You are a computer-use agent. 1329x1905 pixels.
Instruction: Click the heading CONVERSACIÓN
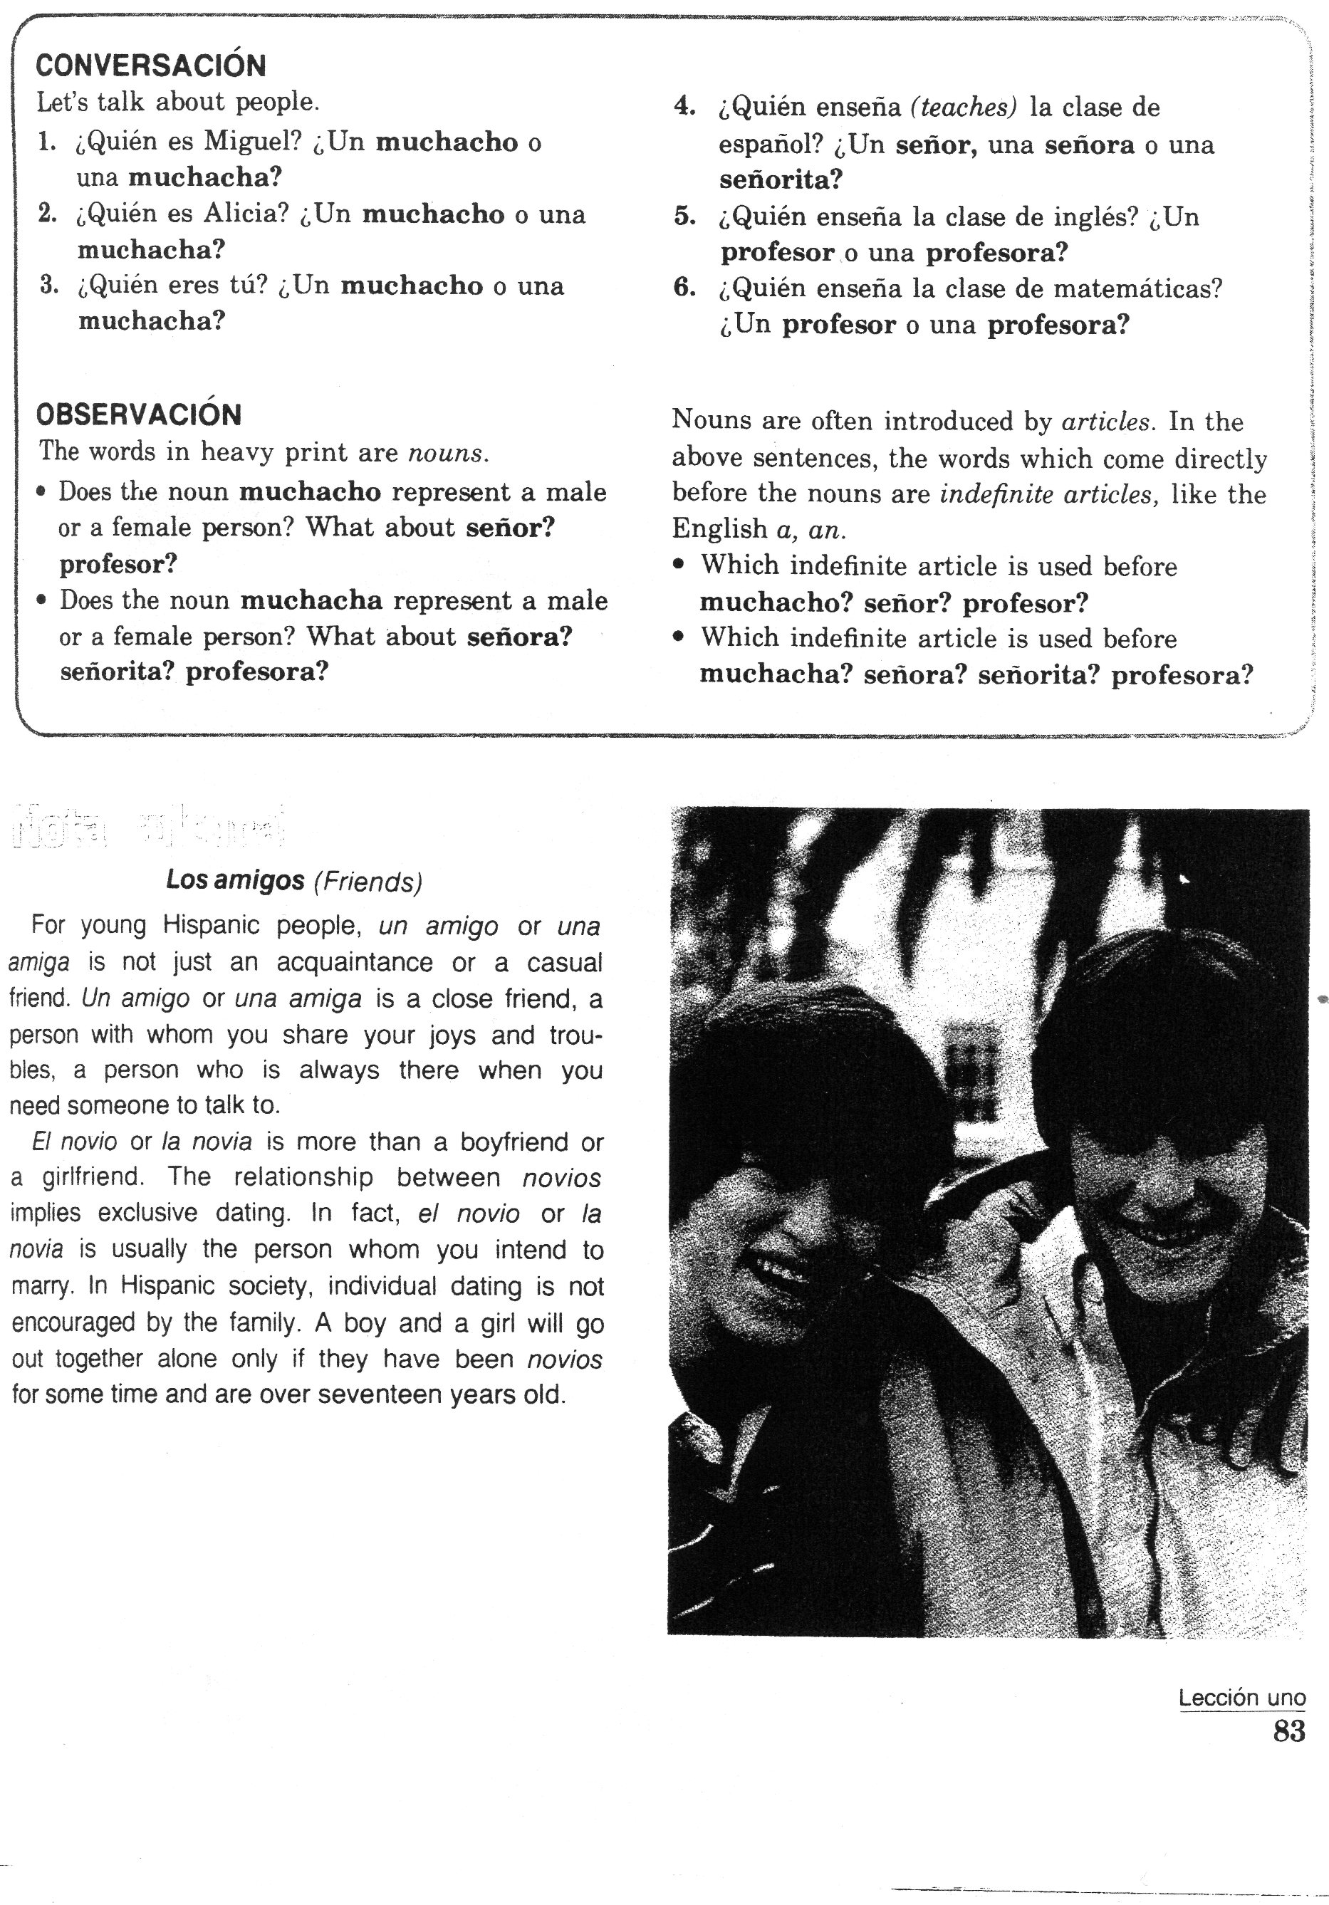coord(150,66)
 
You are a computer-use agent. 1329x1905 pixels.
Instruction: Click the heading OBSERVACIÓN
coord(139,414)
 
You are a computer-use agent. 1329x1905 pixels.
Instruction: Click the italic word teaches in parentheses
coord(963,107)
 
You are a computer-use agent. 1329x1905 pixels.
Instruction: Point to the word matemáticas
coord(1137,288)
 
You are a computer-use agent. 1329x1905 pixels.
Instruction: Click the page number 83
coord(1289,1732)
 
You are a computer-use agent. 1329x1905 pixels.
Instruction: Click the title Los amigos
coord(236,880)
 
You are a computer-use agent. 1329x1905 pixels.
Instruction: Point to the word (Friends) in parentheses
coord(368,881)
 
